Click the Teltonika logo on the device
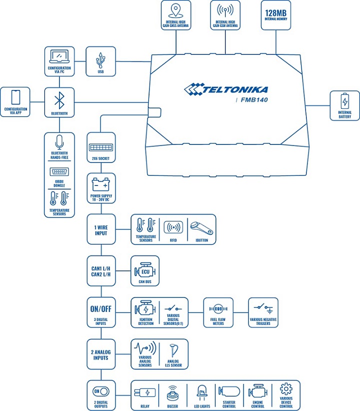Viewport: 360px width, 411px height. (226, 89)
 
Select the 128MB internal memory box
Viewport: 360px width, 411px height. (276, 15)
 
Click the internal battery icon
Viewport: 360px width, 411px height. (344, 101)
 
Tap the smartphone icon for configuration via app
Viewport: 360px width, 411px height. (15, 97)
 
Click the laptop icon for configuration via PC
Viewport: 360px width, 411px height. (59, 56)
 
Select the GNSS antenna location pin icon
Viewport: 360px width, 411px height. (176, 11)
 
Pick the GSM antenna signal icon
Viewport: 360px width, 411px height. (225, 11)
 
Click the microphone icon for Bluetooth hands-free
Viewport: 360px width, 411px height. (59, 142)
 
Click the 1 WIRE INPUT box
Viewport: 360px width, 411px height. (101, 229)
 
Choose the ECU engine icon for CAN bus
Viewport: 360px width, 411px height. (144, 272)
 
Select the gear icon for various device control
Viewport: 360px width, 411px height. (286, 388)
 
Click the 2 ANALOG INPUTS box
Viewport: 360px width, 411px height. (101, 354)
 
